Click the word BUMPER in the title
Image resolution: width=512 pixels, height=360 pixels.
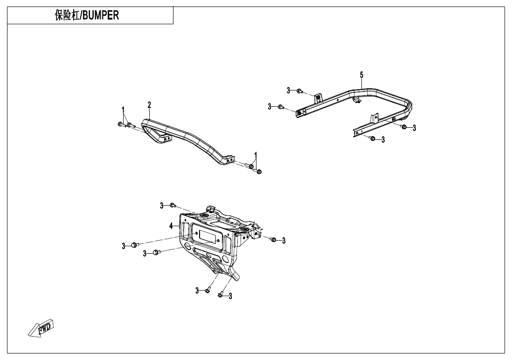[101, 15]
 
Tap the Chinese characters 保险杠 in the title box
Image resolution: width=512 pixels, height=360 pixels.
[67, 15]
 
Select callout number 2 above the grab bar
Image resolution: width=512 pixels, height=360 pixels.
[149, 104]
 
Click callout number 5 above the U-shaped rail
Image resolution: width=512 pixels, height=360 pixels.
[361, 75]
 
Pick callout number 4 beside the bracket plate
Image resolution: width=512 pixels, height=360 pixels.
[171, 226]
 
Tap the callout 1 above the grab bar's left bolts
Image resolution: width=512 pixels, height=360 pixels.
[124, 110]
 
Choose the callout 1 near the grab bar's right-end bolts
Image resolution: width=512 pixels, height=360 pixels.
[256, 155]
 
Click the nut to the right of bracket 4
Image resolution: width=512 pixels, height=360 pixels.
[274, 240]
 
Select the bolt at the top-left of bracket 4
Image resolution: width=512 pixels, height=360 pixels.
[173, 205]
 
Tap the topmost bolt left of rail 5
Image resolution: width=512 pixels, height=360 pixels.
[300, 90]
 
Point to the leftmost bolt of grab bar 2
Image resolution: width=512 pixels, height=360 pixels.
[120, 124]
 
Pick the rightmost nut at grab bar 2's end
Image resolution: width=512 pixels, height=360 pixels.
[259, 172]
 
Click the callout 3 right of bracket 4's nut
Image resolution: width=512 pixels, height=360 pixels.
[284, 241]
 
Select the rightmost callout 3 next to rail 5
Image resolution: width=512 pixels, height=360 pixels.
[414, 128]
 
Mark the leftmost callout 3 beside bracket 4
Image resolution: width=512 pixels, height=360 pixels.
[124, 246]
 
